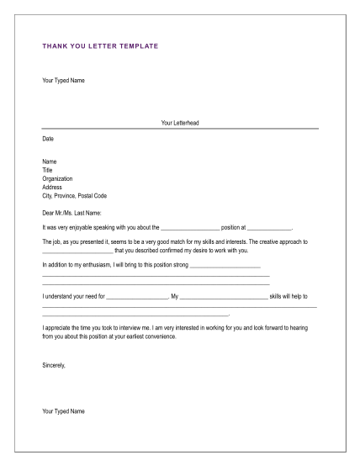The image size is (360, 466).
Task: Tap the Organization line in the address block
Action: (57, 178)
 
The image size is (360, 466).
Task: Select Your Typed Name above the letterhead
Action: (63, 81)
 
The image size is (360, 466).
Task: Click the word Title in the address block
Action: (47, 170)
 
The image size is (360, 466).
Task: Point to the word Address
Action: (52, 187)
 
